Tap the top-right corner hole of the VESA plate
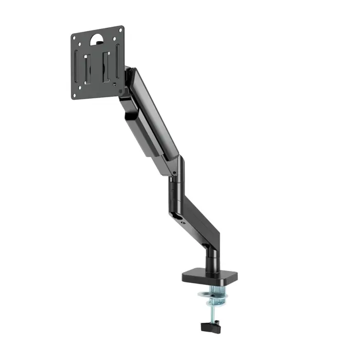pyautogui.click(x=121, y=30)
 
